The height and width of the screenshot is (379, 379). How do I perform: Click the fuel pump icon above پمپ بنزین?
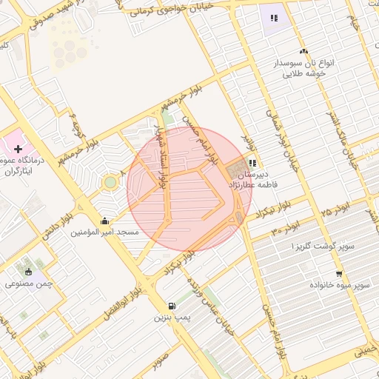tap(172, 306)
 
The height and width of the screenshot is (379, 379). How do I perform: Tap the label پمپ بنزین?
tap(172, 318)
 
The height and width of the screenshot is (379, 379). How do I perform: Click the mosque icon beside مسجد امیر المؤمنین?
tap(104, 220)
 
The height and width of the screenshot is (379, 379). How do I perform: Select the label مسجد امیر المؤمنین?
tap(104, 232)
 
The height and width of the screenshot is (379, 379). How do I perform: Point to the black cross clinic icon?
tap(18, 150)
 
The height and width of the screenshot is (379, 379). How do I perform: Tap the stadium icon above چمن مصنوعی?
tap(29, 272)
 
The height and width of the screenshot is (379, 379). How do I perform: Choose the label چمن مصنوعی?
tap(27, 284)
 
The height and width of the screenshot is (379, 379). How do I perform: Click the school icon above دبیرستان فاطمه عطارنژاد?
tap(252, 163)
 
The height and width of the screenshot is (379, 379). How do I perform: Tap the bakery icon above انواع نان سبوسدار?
tap(303, 51)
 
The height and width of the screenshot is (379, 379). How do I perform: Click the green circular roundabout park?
tap(110, 181)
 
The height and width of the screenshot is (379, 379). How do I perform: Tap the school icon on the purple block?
tap(274, 18)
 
